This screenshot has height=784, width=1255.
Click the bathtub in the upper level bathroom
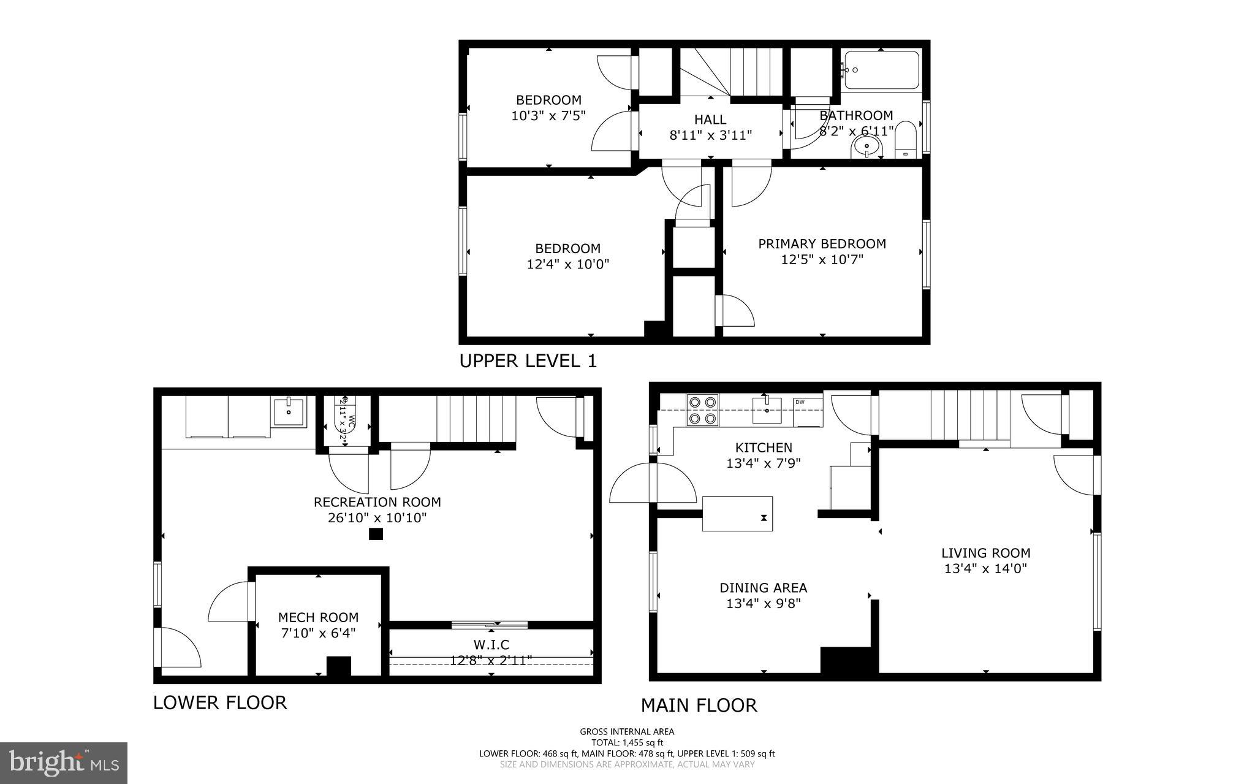click(881, 70)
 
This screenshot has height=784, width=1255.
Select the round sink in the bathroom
click(866, 146)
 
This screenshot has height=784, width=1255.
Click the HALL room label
click(710, 120)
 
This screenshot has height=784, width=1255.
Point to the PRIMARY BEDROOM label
click(822, 244)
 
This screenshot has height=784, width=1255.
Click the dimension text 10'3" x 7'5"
click(548, 115)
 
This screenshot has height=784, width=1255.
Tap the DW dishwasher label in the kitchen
click(800, 402)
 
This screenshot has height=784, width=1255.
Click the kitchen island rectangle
click(737, 514)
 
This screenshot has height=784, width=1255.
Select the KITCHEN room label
click(764, 447)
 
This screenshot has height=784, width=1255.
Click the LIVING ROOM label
click(985, 553)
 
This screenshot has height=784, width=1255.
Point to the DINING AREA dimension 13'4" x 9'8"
click(764, 603)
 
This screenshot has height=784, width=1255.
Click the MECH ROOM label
click(318, 617)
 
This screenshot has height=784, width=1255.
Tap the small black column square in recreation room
click(376, 534)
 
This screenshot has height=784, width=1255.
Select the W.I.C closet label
click(491, 645)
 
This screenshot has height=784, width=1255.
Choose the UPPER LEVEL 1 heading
click(528, 361)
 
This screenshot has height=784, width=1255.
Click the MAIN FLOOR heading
click(699, 706)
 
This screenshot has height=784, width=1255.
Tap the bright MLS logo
click(64, 763)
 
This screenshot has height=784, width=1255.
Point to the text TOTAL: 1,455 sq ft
click(627, 742)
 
